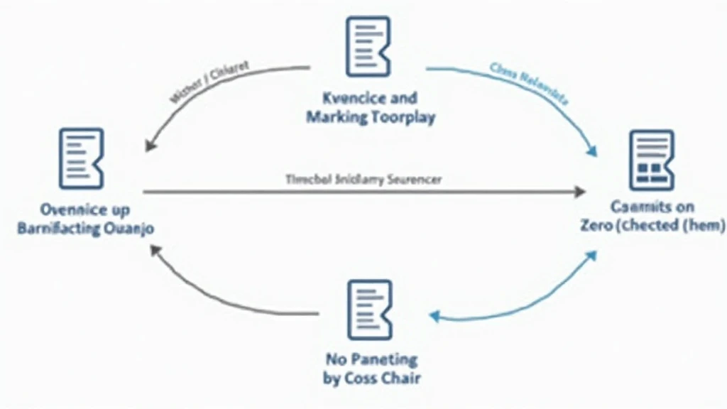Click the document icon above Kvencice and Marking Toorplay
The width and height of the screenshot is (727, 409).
[x=368, y=46]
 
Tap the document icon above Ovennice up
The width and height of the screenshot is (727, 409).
[x=81, y=158]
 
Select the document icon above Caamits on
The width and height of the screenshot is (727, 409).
[x=651, y=160]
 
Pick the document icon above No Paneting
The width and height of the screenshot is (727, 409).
[x=369, y=310]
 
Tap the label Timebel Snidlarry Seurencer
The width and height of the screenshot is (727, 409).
[x=363, y=180]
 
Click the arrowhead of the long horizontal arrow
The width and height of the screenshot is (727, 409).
[x=580, y=192]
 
